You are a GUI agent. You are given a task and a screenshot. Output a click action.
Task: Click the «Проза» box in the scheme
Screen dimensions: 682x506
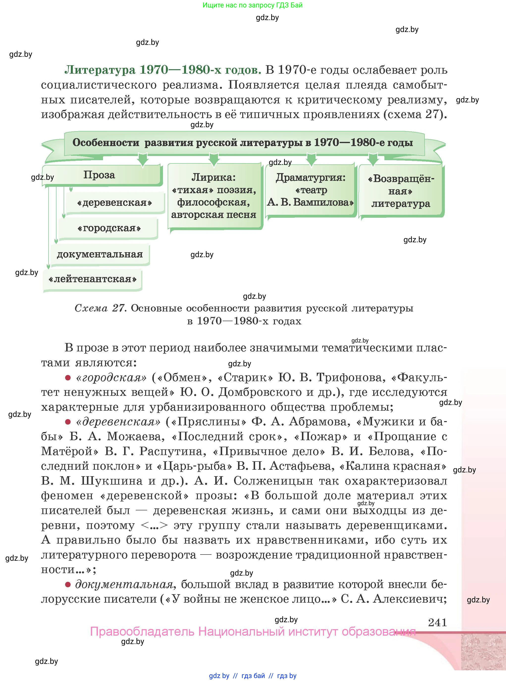100,175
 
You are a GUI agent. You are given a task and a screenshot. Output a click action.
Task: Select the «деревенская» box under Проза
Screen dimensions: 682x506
115,203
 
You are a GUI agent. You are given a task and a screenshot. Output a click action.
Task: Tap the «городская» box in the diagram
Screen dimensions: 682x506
109,228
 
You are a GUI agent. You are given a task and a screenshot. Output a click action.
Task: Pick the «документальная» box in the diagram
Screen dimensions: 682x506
100,254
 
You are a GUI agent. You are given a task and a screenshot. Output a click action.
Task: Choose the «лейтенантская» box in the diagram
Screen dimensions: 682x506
92,279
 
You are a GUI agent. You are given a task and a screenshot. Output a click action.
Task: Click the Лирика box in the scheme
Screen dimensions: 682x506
214,196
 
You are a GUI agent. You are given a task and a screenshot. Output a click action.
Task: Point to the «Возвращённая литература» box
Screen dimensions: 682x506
401,191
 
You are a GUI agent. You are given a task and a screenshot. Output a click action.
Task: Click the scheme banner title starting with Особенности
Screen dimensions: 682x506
242,143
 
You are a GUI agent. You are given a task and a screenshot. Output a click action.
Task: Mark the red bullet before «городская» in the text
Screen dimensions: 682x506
68,378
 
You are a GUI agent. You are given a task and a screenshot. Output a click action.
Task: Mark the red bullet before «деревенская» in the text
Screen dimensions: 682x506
68,422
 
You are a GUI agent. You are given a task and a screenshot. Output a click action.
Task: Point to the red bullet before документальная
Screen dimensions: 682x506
68,585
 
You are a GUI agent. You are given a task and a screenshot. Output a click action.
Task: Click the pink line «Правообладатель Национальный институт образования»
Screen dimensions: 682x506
253,632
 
